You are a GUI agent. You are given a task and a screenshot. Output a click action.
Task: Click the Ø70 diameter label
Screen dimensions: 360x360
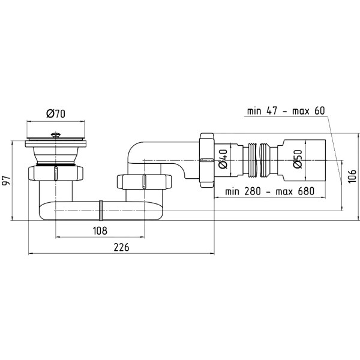coord(56,113)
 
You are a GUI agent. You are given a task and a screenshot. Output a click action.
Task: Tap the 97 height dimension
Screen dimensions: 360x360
coord(6,181)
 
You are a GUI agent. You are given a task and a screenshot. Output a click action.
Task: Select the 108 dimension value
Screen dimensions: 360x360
coord(100,231)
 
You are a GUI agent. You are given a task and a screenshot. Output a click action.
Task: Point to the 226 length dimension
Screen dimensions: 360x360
coord(121,247)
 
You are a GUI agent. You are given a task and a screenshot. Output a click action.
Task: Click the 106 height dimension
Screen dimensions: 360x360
coord(352,176)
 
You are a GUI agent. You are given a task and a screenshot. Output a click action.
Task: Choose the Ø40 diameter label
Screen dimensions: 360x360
coord(223,159)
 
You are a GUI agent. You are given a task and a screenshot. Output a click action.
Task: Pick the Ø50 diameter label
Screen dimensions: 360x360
coord(298,159)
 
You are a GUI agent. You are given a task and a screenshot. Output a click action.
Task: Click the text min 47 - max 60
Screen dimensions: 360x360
coord(286,111)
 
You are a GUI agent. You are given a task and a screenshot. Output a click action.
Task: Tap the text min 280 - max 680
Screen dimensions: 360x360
coord(269,191)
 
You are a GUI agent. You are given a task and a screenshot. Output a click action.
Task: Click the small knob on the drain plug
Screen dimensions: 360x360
coord(55,134)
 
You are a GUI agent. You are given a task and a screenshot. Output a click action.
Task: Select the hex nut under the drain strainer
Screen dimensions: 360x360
coord(55,173)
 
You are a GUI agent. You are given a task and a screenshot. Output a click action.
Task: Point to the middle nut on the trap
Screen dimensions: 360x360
coord(144,182)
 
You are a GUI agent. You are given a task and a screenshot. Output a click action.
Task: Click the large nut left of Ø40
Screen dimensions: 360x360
coord(207,160)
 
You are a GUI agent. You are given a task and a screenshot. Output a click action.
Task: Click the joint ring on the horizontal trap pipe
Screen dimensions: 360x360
coord(101,211)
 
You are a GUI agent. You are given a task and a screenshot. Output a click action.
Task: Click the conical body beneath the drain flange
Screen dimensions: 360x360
coord(55,155)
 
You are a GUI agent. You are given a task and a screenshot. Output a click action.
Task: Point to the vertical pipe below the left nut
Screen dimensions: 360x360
coord(56,191)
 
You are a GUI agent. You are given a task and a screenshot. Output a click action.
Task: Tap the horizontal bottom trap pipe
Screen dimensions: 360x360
coord(101,211)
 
